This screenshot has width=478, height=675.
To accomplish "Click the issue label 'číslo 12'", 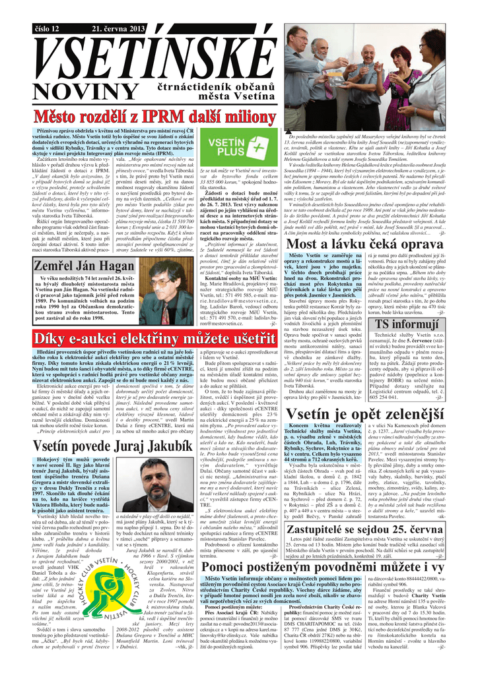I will point(47,30).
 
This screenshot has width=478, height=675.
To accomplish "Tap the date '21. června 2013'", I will point(117,30).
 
